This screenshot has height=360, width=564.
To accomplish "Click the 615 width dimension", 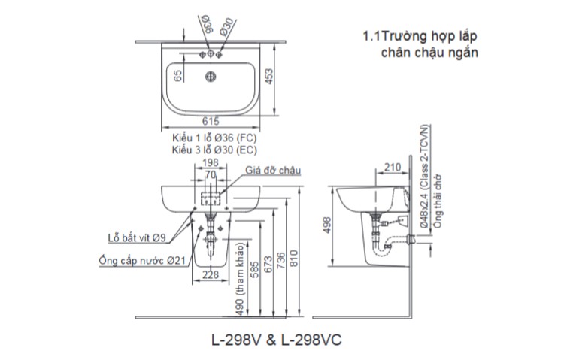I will (211, 122).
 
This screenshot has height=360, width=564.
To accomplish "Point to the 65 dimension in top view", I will (178, 76).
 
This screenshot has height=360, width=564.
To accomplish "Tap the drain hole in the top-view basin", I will (212, 75).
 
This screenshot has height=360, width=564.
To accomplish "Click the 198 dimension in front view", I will (211, 162).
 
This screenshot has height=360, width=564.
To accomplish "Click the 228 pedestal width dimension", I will (211, 275).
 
